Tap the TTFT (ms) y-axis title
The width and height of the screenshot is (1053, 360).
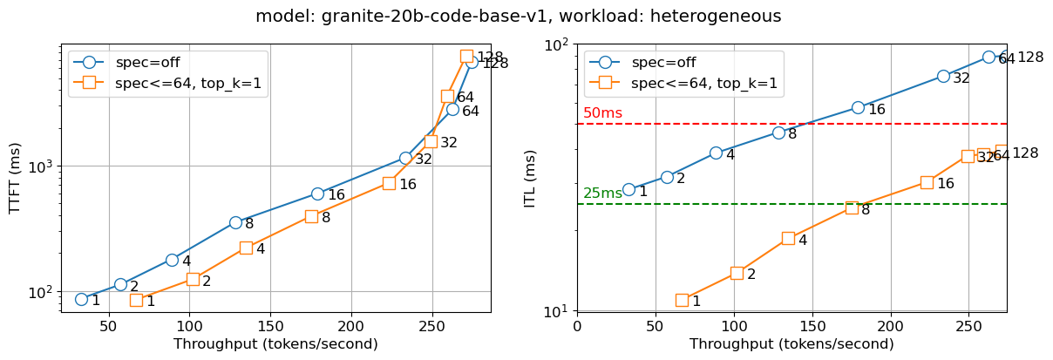tap(15, 178)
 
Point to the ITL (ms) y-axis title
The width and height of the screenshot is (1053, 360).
tap(530, 178)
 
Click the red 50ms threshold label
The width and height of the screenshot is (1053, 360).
tap(602, 113)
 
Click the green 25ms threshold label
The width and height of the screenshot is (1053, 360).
tap(602, 194)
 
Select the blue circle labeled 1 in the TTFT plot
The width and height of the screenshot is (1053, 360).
tap(81, 299)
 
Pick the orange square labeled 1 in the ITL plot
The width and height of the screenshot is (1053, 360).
tap(682, 300)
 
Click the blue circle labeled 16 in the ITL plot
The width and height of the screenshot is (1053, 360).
tap(858, 107)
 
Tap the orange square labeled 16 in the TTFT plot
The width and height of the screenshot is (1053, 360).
tap(389, 183)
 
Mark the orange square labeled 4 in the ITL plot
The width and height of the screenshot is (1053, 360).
tap(788, 238)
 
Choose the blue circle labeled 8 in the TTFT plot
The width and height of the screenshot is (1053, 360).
tap(235, 222)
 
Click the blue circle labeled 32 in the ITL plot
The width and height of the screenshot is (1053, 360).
tap(943, 76)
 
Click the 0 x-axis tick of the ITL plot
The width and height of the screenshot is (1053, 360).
tap(577, 327)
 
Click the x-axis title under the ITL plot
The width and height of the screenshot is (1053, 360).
tap(791, 344)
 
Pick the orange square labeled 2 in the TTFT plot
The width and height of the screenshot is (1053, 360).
tap(193, 279)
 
